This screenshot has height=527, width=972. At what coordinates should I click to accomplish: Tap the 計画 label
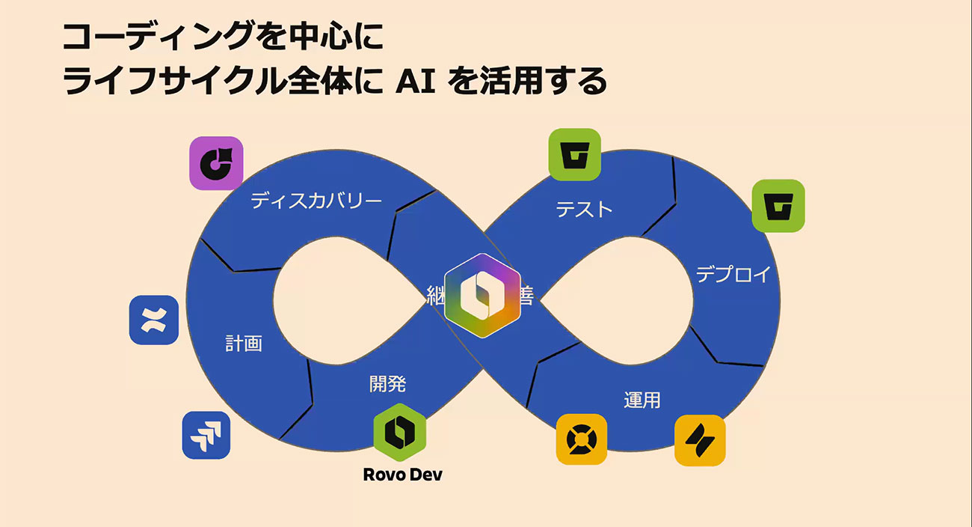tap(244, 344)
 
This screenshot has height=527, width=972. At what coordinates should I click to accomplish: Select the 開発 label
tap(388, 384)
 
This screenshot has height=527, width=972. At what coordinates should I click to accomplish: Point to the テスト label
tap(584, 210)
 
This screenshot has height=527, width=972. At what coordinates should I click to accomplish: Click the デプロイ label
tap(733, 275)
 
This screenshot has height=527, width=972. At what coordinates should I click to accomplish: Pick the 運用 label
tap(642, 400)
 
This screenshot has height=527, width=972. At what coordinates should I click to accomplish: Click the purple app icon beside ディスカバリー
tap(216, 162)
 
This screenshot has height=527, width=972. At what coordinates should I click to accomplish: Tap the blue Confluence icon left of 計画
tap(154, 320)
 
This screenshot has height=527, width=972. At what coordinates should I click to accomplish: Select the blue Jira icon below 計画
tap(206, 435)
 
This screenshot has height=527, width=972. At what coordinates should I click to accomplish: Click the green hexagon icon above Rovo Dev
tap(399, 433)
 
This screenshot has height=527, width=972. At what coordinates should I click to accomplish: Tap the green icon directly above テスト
tap(575, 155)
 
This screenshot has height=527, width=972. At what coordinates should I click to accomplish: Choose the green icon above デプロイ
tap(778, 205)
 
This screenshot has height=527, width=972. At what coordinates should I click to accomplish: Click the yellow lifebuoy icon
tap(581, 439)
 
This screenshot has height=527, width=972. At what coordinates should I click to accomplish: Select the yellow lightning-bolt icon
tap(700, 440)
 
